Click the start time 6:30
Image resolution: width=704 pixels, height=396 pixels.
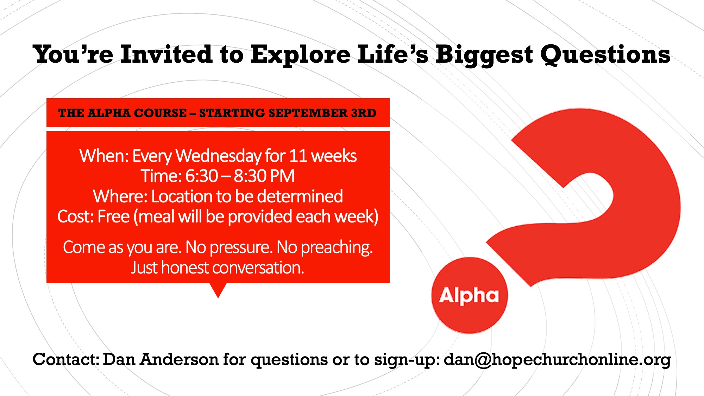(x=202, y=176)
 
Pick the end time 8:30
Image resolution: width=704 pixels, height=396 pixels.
(x=250, y=176)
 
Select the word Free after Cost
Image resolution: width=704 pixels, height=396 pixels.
(x=113, y=216)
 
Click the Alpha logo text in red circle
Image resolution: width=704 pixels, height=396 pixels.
(x=469, y=296)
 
